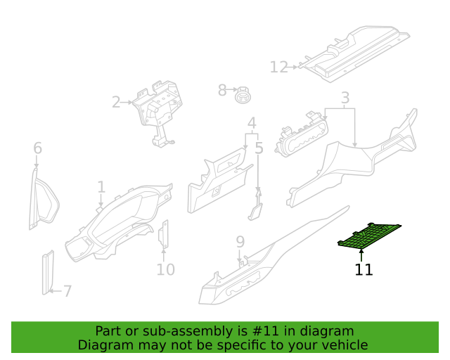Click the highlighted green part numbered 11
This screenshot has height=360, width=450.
click(x=368, y=236)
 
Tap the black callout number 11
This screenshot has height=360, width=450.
click(x=364, y=270)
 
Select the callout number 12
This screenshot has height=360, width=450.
click(x=278, y=67)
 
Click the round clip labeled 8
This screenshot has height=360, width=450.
click(x=243, y=95)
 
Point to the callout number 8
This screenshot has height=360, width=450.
click(x=222, y=90)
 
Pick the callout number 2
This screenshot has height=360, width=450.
click(x=116, y=102)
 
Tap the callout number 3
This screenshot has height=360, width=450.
click(x=345, y=98)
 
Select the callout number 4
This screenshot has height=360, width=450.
click(x=252, y=123)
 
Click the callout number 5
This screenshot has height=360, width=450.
click(x=259, y=148)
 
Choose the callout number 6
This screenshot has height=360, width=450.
click(x=37, y=148)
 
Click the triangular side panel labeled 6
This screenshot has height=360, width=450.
click(x=44, y=199)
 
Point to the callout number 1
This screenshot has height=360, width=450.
click(x=101, y=187)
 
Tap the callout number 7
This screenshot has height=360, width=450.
click(x=67, y=291)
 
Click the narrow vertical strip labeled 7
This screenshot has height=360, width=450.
click(x=48, y=273)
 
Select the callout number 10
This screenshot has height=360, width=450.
click(x=166, y=270)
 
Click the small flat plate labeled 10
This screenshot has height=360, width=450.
click(x=163, y=234)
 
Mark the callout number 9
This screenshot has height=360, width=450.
click(x=240, y=242)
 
